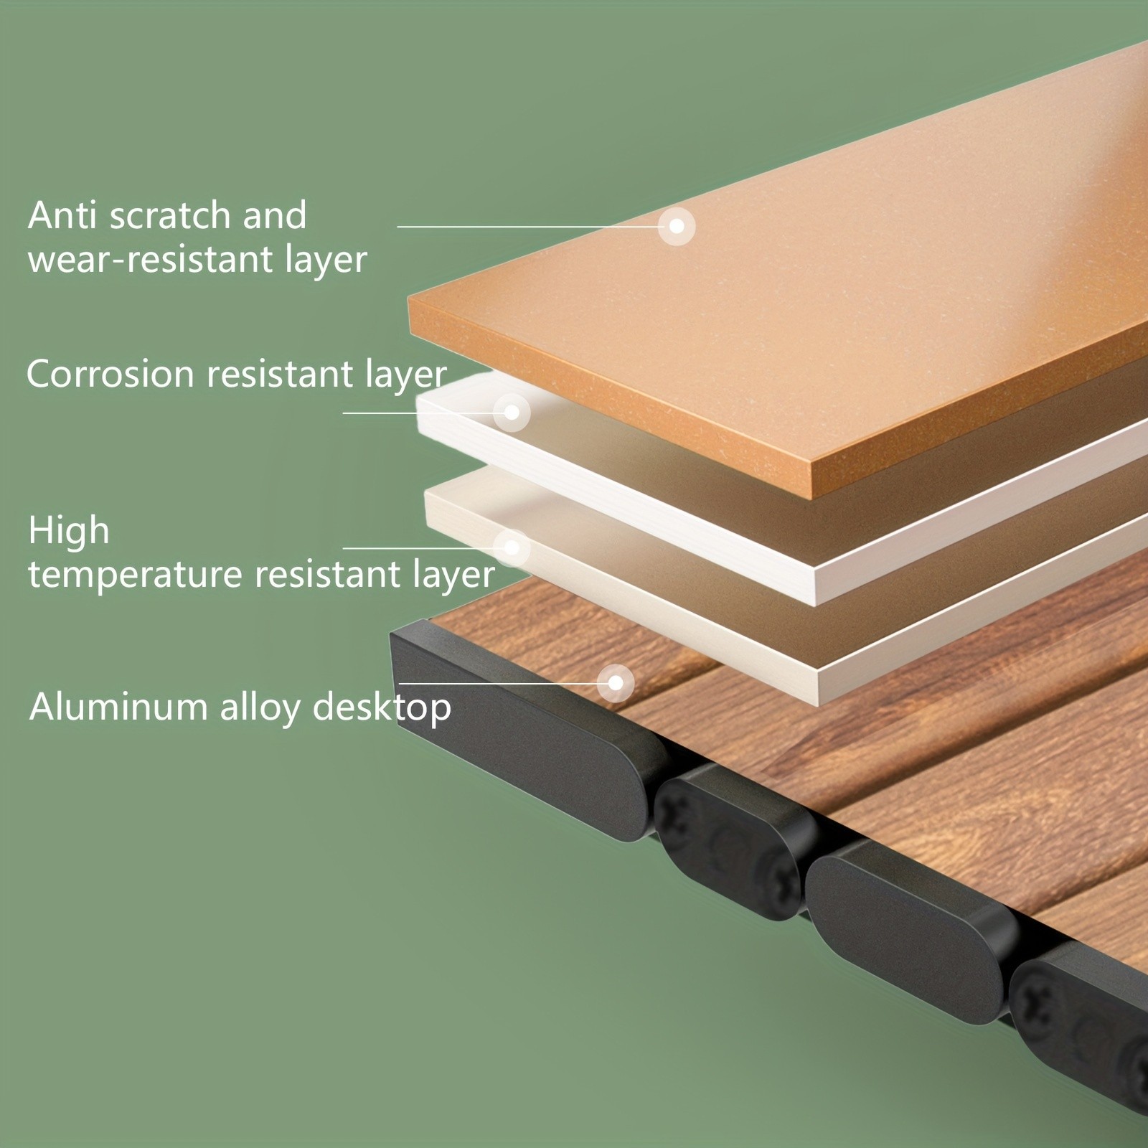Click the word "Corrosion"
[x=110, y=374]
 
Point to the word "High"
[x=69, y=531]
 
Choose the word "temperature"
[x=135, y=575]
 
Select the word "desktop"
[x=382, y=708]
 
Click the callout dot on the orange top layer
[x=677, y=226]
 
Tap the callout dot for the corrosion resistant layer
[x=512, y=413]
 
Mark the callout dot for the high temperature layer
[x=512, y=548]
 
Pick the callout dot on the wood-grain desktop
[x=616, y=683]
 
